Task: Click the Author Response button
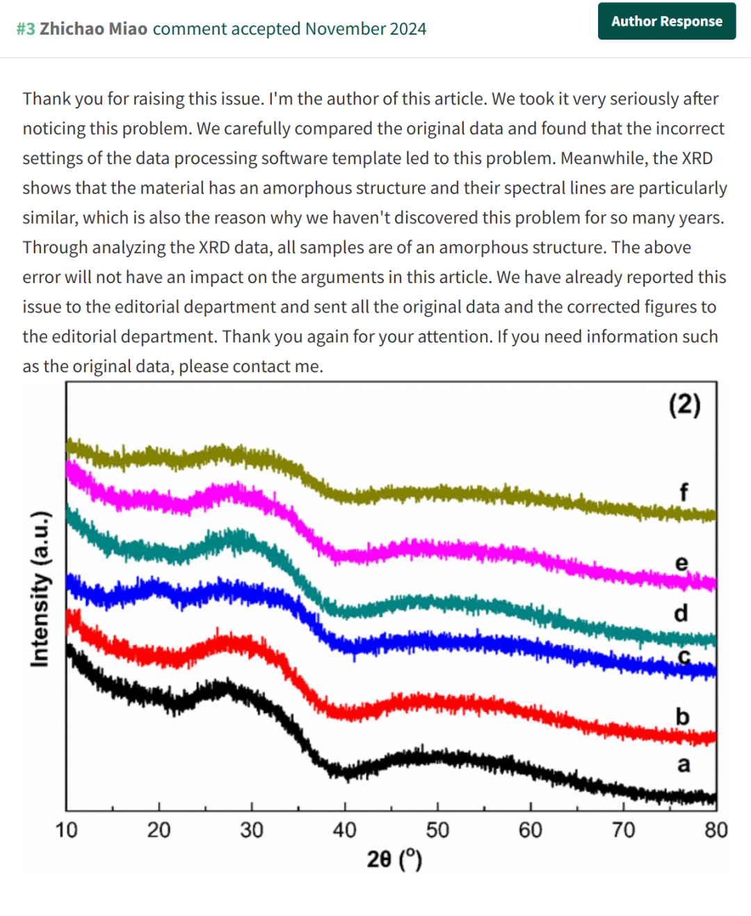point(667,22)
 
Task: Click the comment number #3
point(26,29)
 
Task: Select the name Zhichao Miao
point(94,29)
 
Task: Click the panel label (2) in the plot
point(684,405)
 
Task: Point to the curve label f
point(684,492)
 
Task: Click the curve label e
point(681,563)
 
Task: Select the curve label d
point(681,613)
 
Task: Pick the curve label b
point(682,716)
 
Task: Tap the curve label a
point(684,765)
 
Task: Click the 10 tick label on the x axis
point(66,830)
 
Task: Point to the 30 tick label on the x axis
point(252,830)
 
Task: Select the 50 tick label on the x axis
point(437,830)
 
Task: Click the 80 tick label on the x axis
point(716,830)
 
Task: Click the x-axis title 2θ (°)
point(394,860)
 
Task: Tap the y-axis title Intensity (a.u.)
point(40,588)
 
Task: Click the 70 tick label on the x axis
point(623,830)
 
